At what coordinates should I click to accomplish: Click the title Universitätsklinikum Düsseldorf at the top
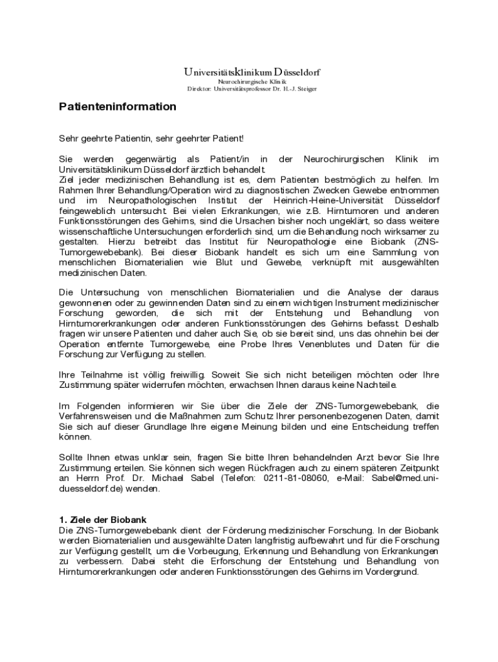click(252, 72)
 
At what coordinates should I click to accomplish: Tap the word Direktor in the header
click(199, 89)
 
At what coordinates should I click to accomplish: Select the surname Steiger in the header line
click(305, 89)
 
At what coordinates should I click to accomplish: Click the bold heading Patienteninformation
click(117, 107)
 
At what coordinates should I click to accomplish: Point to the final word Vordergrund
click(395, 571)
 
